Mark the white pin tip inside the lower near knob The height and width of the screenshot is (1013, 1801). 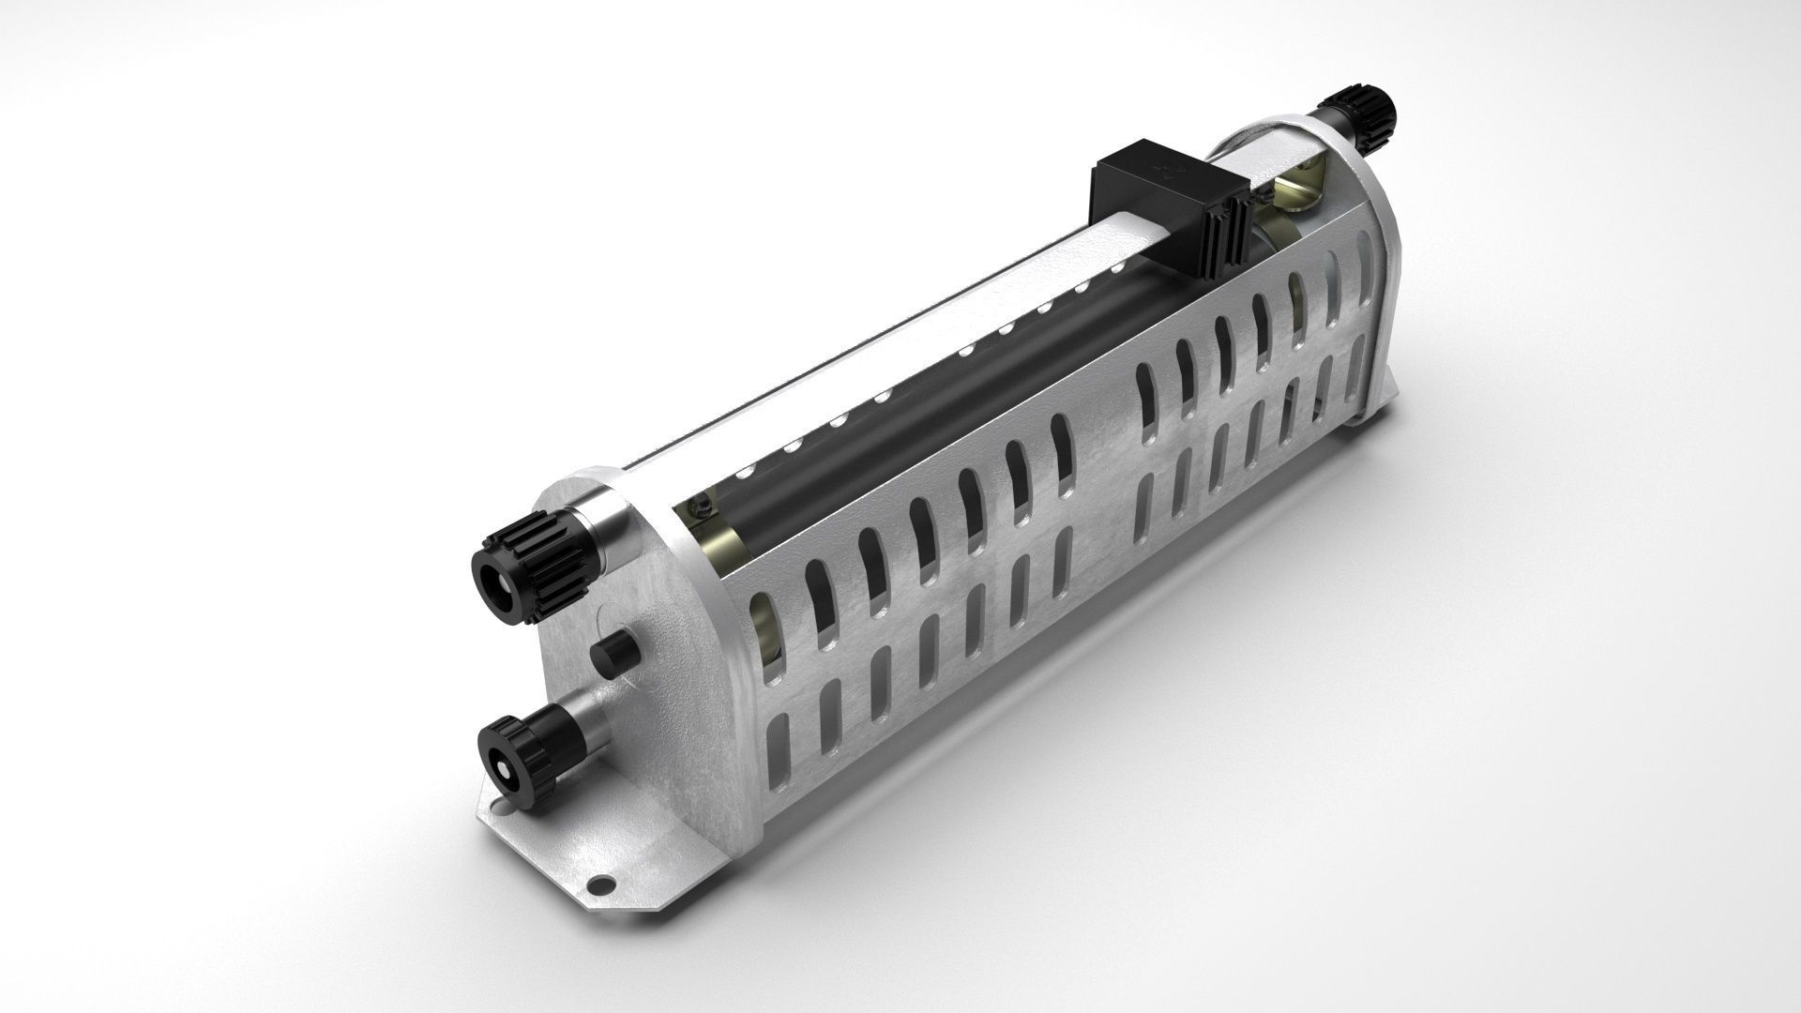(504, 772)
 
